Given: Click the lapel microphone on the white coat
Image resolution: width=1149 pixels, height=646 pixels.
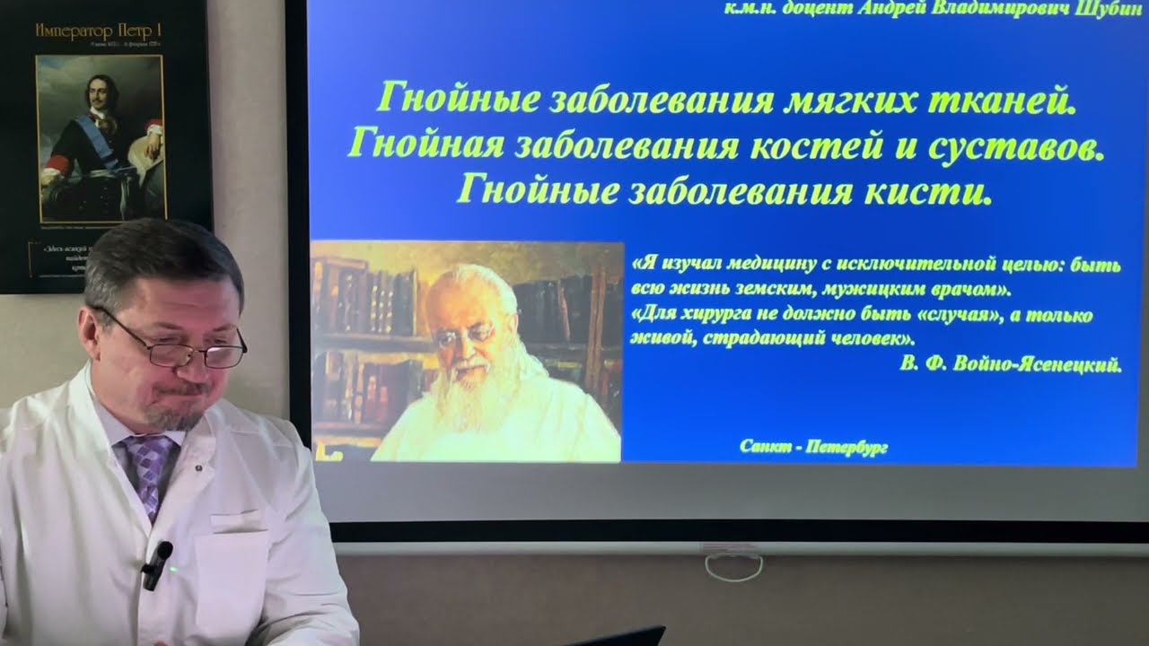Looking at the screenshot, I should click(x=157, y=563).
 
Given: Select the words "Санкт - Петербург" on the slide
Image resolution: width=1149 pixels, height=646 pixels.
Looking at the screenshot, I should click(x=814, y=447).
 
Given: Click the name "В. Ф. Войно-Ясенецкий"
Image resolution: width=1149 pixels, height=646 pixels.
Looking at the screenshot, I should click(x=1010, y=364).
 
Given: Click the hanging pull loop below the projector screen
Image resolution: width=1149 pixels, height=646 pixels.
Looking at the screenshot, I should click(x=733, y=566).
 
